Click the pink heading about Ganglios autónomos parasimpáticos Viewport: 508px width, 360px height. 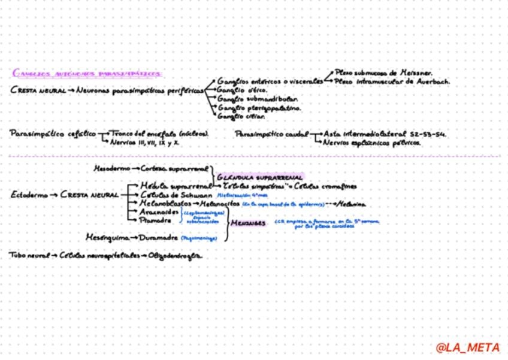pos(87,74)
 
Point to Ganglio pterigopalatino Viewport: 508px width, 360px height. pos(259,108)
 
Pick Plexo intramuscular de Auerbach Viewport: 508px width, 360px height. pos(392,81)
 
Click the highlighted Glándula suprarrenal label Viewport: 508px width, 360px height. pos(260,177)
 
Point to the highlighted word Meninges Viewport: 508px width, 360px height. pos(249,223)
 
